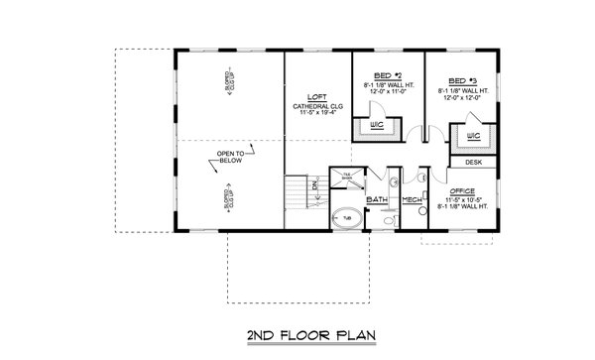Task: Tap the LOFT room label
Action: click(317, 96)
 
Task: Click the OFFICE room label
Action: click(462, 189)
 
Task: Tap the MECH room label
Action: click(413, 200)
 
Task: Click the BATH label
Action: click(377, 200)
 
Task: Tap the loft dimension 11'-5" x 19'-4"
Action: click(317, 114)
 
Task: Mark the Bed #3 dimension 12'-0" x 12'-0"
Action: click(459, 97)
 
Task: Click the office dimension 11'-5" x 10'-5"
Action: click(462, 198)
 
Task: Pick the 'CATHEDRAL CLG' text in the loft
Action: click(317, 105)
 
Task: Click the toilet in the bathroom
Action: click(394, 182)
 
